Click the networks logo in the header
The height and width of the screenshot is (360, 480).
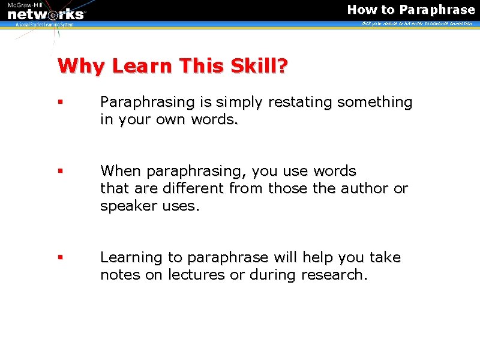(46, 13)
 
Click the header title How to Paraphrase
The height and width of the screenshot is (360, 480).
(411, 10)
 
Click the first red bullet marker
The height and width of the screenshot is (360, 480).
(60, 103)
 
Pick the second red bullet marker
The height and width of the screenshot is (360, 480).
(60, 171)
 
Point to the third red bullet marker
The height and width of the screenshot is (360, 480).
(60, 257)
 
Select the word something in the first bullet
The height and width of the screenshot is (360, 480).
(375, 103)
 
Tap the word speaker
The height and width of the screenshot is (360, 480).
(127, 206)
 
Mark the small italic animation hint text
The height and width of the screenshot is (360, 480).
(416, 23)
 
